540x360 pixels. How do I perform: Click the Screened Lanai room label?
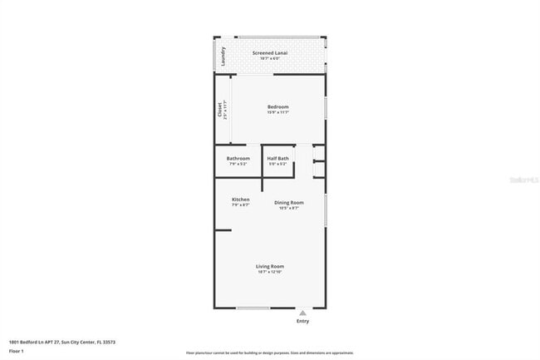tap(270, 52)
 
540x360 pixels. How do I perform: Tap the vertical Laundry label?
tap(223, 56)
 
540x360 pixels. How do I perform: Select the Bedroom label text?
tap(277, 106)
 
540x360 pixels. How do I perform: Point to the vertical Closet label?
tap(220, 109)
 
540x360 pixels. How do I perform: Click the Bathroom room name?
tap(238, 158)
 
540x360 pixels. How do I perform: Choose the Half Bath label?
tap(277, 158)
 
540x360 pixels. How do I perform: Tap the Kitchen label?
tap(241, 200)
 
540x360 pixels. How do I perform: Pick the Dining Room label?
tap(289, 202)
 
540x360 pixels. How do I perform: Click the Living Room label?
tap(271, 266)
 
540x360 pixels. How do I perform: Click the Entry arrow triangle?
tap(302, 313)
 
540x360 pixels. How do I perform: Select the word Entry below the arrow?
tap(302, 321)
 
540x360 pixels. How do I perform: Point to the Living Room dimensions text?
tap(271, 272)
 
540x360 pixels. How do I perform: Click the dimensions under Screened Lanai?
tap(270, 58)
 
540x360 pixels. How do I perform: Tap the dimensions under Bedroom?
tap(277, 112)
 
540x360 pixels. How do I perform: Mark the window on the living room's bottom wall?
tap(253, 308)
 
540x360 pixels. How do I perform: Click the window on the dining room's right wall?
tap(325, 210)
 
